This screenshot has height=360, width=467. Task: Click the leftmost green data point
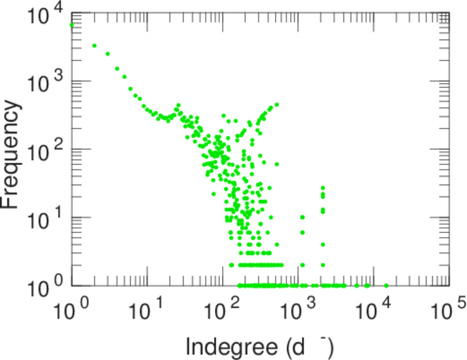coord(72,25)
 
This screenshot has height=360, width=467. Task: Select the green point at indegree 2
coord(94,46)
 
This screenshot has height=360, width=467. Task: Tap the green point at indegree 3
coord(107,54)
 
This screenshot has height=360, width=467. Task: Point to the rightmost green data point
coord(386,286)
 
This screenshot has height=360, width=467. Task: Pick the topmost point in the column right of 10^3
coord(323,188)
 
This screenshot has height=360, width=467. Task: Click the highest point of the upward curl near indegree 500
coord(277,104)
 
